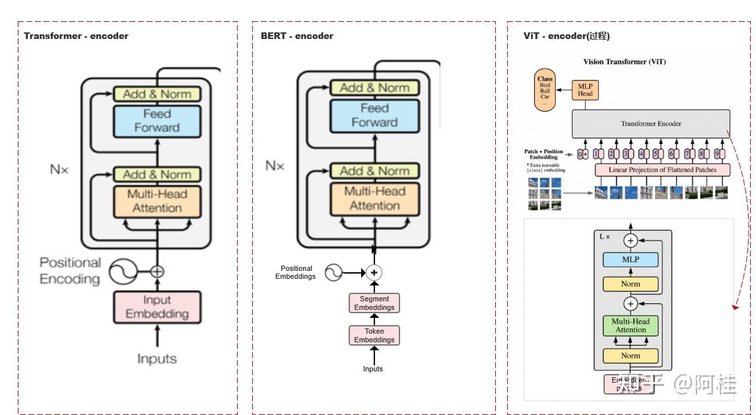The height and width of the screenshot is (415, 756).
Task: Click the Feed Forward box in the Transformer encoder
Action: point(157,121)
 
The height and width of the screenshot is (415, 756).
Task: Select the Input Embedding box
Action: point(157,307)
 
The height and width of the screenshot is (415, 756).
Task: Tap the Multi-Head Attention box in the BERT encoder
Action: point(374,198)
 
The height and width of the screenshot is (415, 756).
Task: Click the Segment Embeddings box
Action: point(374,303)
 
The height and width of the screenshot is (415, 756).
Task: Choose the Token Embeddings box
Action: point(374,336)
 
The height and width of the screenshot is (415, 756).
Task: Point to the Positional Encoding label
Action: point(69,271)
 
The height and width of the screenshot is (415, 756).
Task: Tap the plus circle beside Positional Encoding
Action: point(157,271)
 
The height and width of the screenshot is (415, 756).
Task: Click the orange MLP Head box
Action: point(585,90)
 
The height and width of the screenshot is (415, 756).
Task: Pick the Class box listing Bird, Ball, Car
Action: point(545,92)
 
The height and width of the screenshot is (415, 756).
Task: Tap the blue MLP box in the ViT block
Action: point(631,260)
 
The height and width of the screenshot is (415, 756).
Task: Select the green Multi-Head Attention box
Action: point(631,326)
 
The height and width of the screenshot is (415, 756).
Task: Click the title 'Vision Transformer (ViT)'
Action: point(624,62)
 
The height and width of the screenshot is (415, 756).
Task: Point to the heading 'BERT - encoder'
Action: point(296,36)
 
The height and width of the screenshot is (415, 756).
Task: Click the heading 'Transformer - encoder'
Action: point(76,36)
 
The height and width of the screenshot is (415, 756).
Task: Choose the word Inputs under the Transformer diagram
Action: point(157,359)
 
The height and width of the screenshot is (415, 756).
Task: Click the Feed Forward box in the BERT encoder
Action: point(374,115)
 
